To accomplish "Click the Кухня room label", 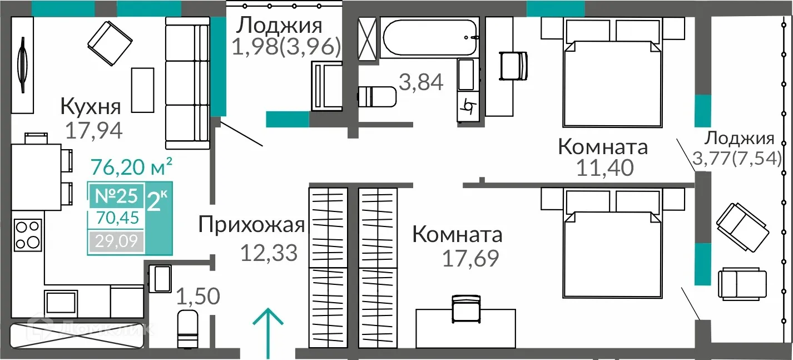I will (90, 105).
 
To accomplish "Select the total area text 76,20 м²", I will (131, 165).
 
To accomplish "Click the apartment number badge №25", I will (116, 196).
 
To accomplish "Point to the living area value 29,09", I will (116, 241).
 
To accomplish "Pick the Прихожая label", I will (251, 225).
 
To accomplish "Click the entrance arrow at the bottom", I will (268, 332).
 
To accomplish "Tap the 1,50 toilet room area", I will (199, 297).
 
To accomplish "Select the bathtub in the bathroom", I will (430, 37).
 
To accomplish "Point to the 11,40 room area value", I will (604, 167).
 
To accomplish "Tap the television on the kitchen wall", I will (23, 65).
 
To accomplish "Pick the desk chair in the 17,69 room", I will (465, 308).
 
